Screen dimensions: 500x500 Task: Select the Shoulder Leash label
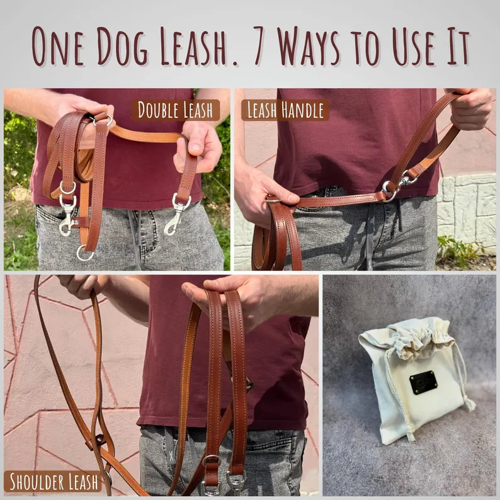(x=52, y=482)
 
